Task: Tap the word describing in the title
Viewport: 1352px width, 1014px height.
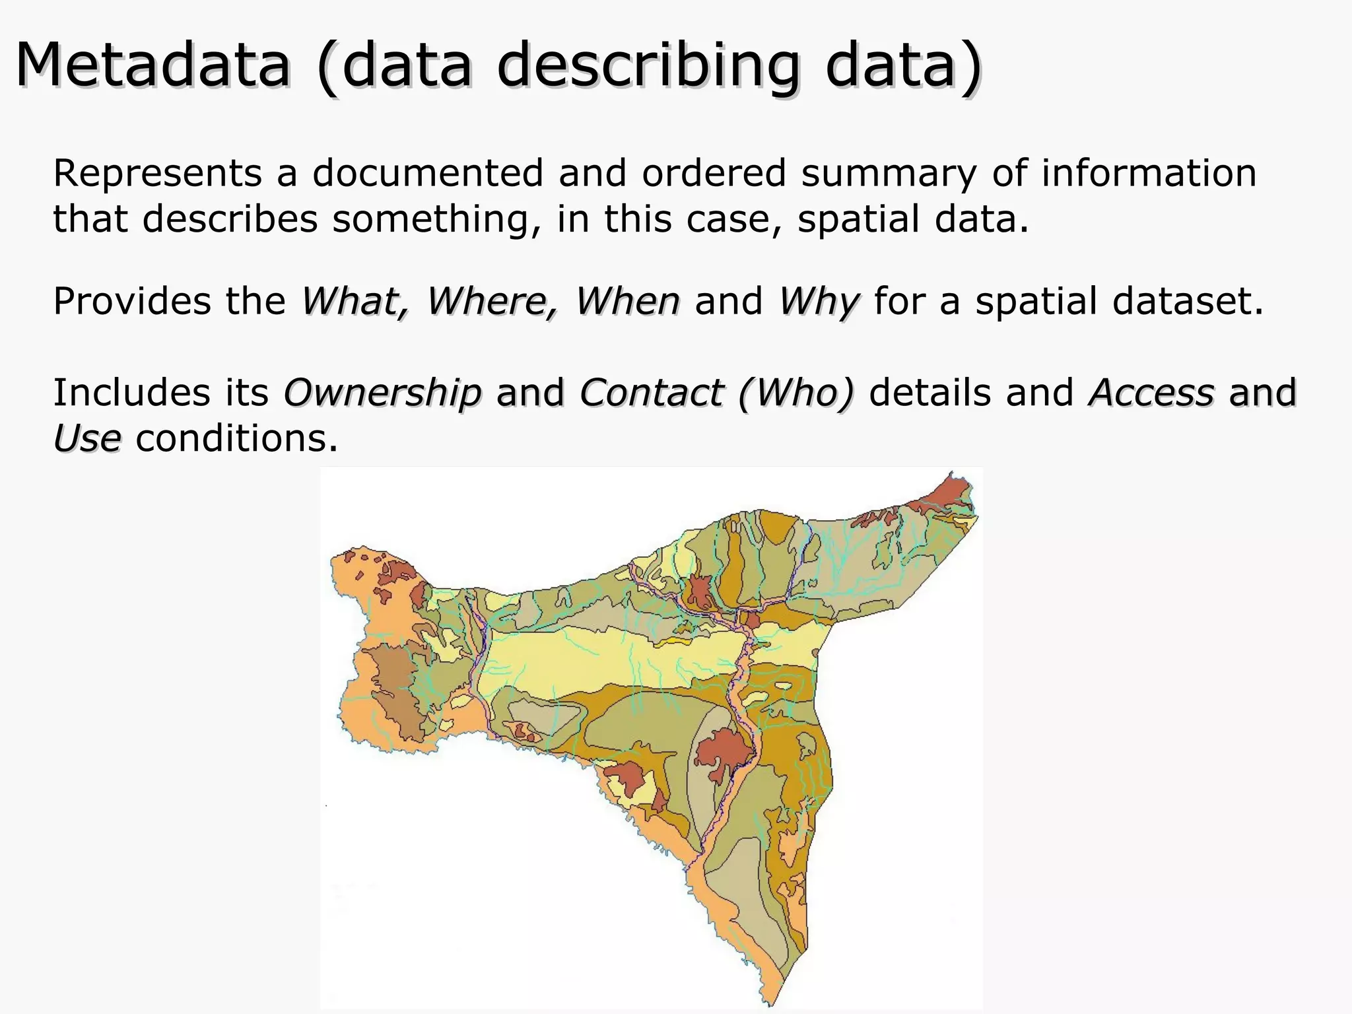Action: pyautogui.click(x=648, y=66)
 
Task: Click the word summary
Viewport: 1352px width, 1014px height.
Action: pyautogui.click(x=889, y=174)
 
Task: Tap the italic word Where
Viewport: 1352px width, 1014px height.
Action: pyautogui.click(x=491, y=302)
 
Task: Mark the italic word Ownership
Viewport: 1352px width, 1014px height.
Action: pyautogui.click(x=382, y=393)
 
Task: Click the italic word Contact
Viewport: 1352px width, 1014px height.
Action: pyautogui.click(x=650, y=393)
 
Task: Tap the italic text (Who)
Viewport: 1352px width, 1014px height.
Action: pyautogui.click(x=796, y=393)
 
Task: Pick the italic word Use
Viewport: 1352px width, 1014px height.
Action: pyautogui.click(x=87, y=438)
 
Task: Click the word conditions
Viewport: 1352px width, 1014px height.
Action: pyautogui.click(x=236, y=438)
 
